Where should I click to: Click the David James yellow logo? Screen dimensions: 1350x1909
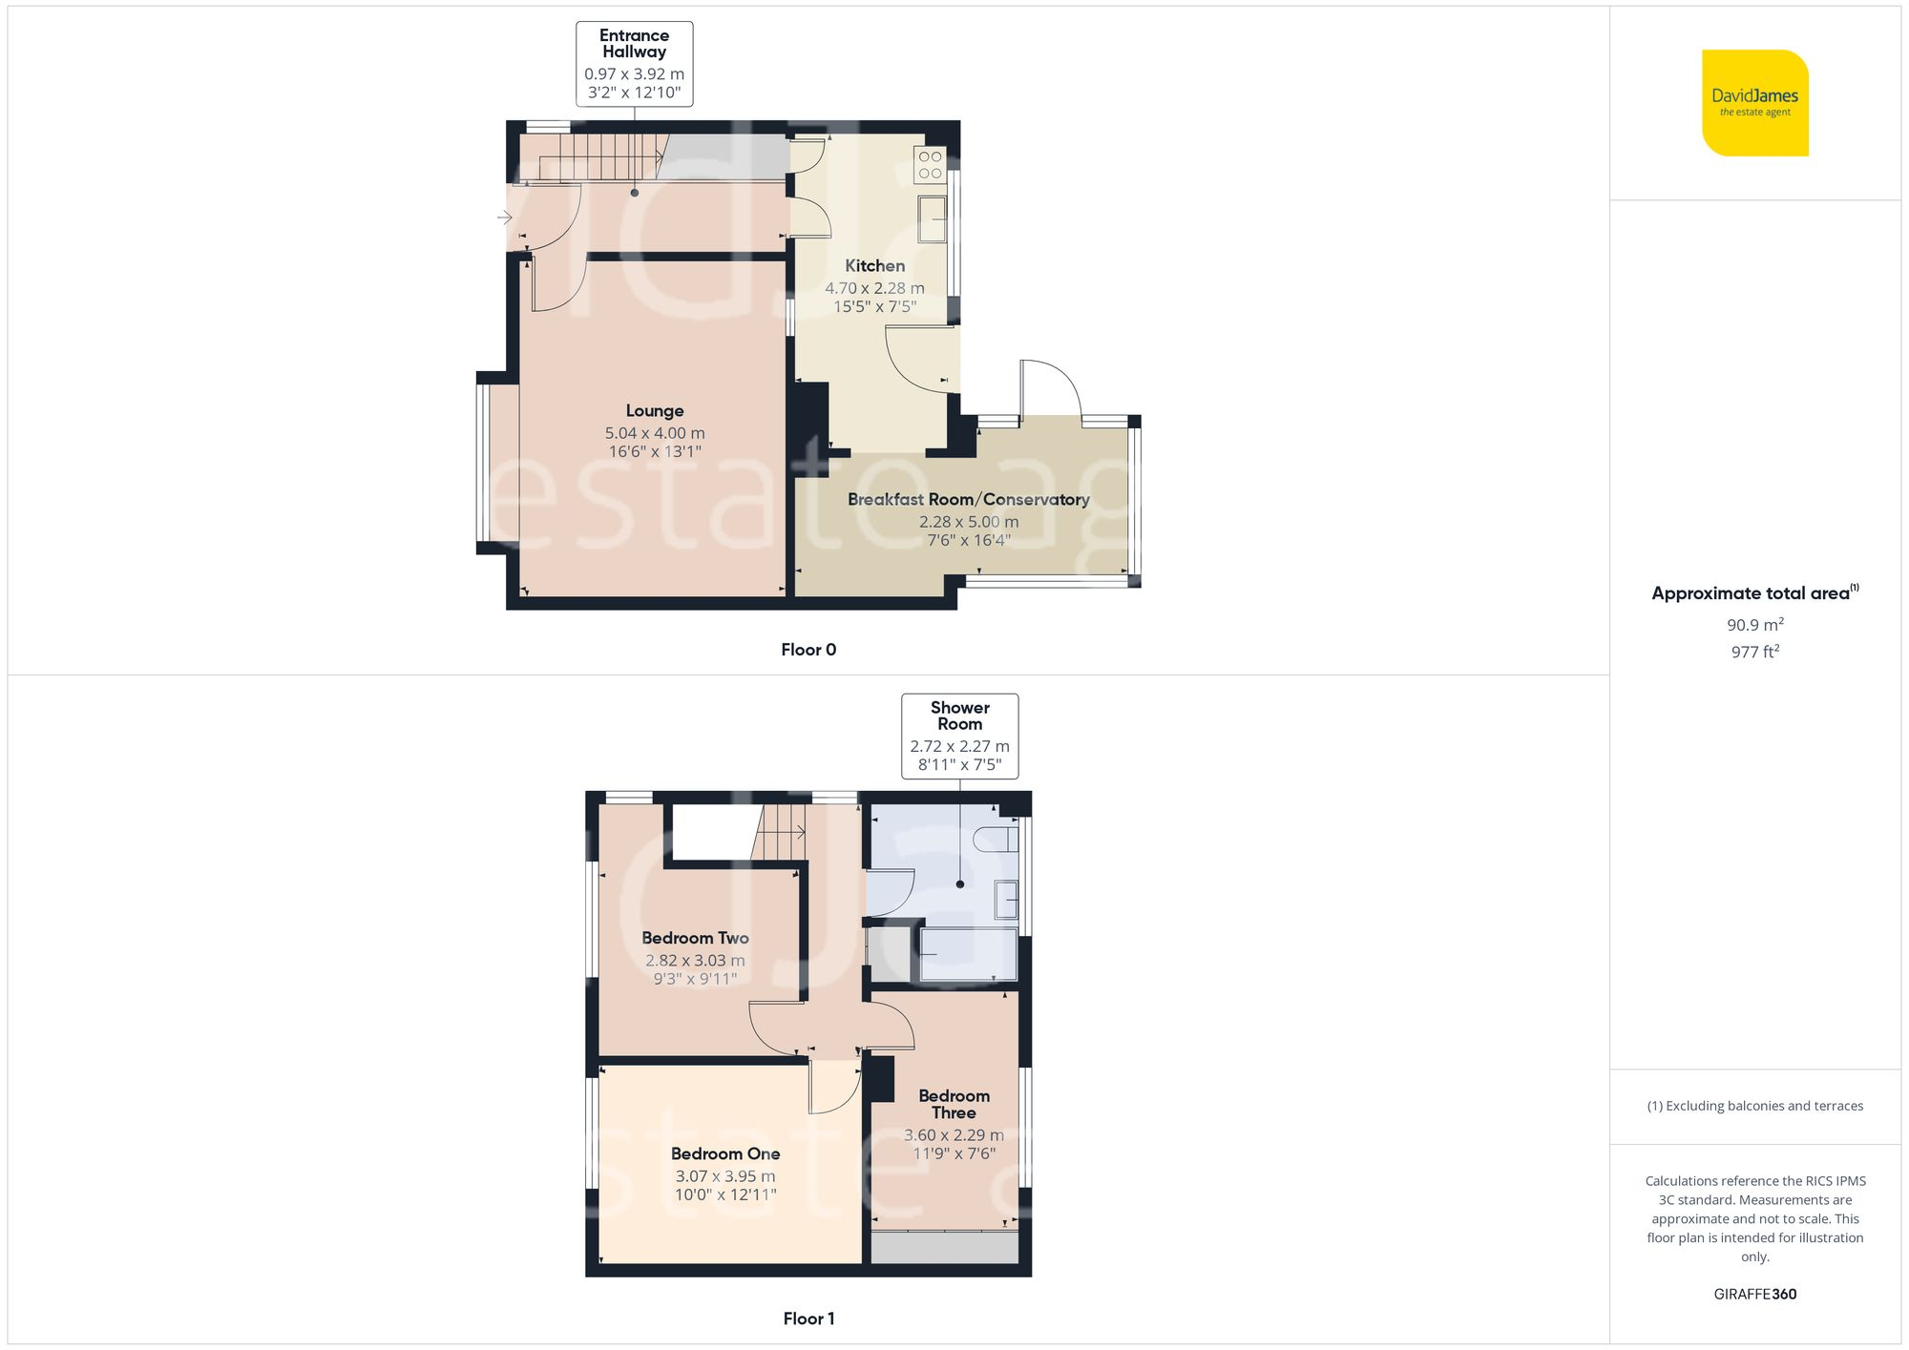click(x=1754, y=103)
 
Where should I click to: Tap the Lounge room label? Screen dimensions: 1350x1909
click(x=655, y=411)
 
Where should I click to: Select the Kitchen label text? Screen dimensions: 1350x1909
click(x=874, y=266)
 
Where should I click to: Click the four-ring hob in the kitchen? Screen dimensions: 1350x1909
click(x=930, y=164)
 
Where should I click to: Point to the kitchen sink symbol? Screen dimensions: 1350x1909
click(x=932, y=218)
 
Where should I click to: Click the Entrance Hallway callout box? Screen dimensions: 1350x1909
click(x=634, y=64)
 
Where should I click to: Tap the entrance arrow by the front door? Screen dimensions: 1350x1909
click(x=505, y=218)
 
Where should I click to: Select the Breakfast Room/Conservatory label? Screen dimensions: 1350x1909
click(x=968, y=500)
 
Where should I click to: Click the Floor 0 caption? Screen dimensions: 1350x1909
click(x=808, y=650)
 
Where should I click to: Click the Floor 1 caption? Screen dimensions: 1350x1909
click(x=808, y=1319)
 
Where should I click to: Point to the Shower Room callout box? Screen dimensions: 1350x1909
click(x=959, y=736)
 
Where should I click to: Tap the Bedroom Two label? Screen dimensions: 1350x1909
click(x=695, y=939)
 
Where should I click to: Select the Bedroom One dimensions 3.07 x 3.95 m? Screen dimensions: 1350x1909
click(x=725, y=1176)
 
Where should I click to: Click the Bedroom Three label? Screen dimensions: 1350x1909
click(x=954, y=1104)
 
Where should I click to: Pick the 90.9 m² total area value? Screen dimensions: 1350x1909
click(x=1754, y=625)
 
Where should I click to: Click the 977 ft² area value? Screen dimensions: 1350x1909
click(x=1754, y=652)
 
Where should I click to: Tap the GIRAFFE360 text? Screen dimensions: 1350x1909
click(x=1754, y=1295)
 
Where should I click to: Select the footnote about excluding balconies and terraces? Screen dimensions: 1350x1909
click(x=1754, y=1106)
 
